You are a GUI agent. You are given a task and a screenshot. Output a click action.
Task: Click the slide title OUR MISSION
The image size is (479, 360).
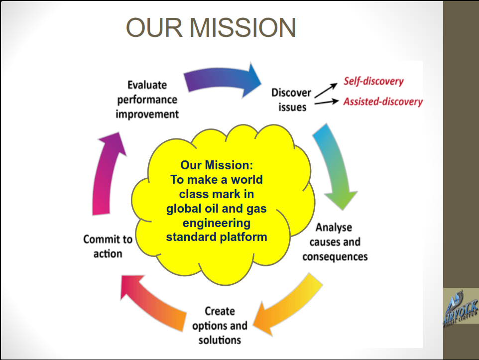(x=211, y=28)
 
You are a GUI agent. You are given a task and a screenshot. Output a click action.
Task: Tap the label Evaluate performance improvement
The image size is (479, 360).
(x=147, y=100)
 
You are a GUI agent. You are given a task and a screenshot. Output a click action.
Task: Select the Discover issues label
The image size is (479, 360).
(x=291, y=100)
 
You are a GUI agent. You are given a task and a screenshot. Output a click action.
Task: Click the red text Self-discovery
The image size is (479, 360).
(x=373, y=81)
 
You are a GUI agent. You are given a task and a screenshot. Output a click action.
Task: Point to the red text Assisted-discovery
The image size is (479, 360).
(x=382, y=102)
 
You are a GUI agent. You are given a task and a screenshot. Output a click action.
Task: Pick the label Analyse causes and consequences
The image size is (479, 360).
(x=335, y=242)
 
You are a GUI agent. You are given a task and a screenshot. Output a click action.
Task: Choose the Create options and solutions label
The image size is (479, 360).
(x=220, y=326)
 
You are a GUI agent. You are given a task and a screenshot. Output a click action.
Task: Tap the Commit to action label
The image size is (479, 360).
(x=108, y=246)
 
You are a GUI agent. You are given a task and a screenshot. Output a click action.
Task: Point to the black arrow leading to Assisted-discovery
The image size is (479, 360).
(x=326, y=103)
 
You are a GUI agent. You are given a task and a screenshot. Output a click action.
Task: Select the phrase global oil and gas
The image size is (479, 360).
(x=216, y=208)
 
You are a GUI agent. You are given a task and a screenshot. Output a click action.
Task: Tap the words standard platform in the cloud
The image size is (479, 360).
(x=216, y=237)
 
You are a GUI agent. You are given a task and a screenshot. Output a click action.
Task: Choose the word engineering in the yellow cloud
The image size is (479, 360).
(x=216, y=223)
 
